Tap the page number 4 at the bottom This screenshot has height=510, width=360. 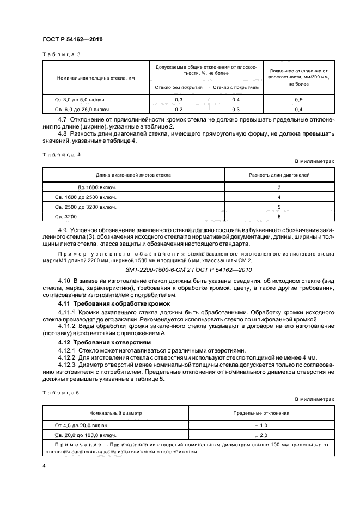click(44, 466)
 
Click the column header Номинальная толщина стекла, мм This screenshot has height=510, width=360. click(96, 78)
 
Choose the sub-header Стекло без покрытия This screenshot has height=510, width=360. click(179, 87)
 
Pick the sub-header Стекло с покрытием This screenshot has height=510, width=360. click(236, 87)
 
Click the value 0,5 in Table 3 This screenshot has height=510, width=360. click(298, 100)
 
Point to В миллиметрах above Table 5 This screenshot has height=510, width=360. click(314, 399)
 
